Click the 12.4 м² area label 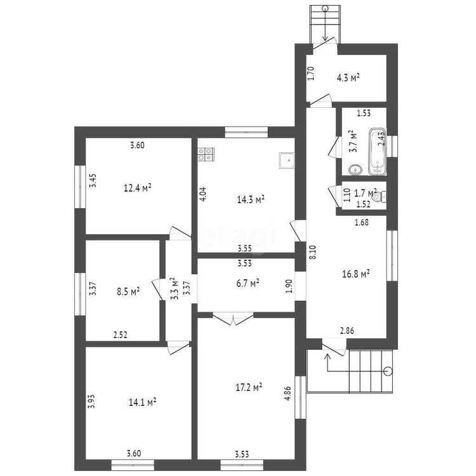(x=138, y=188)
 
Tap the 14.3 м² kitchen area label (x=251, y=199)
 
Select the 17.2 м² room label (x=249, y=387)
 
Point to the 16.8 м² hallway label (x=356, y=274)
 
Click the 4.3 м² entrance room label (x=348, y=77)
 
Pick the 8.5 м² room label (x=128, y=292)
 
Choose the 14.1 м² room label (x=142, y=402)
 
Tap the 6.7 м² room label (x=248, y=283)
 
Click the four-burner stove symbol (x=206, y=154)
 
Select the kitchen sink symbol (x=287, y=161)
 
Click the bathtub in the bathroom (x=378, y=152)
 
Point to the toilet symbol (x=380, y=197)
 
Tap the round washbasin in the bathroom (x=355, y=169)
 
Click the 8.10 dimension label (x=313, y=252)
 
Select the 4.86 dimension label (x=288, y=393)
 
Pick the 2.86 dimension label (x=347, y=331)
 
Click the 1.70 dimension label (x=311, y=73)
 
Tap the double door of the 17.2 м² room (x=233, y=319)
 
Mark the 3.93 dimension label (x=91, y=401)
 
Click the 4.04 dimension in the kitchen (x=203, y=194)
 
